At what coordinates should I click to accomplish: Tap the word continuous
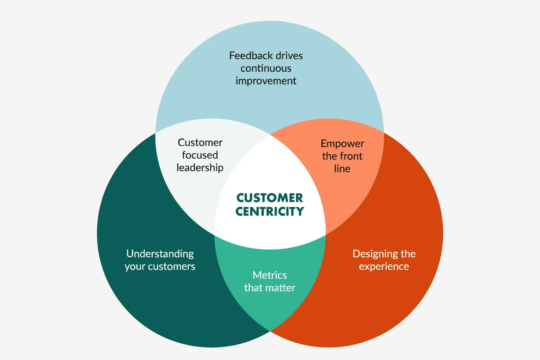pyautogui.click(x=266, y=69)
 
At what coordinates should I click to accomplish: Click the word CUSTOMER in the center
pyautogui.click(x=270, y=198)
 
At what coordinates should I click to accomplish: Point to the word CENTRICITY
pyautogui.click(x=270, y=212)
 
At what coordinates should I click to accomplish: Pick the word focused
pyautogui.click(x=200, y=155)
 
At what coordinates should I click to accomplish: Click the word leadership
pyautogui.click(x=200, y=168)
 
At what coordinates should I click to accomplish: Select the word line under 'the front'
pyautogui.click(x=342, y=169)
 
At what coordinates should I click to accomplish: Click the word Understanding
pyautogui.click(x=160, y=254)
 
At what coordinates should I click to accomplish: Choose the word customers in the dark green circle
pyautogui.click(x=171, y=266)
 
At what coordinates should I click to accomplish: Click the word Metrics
pyautogui.click(x=270, y=275)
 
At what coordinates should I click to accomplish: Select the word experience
pyautogui.click(x=384, y=267)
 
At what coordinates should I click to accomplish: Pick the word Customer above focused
pyautogui.click(x=200, y=143)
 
